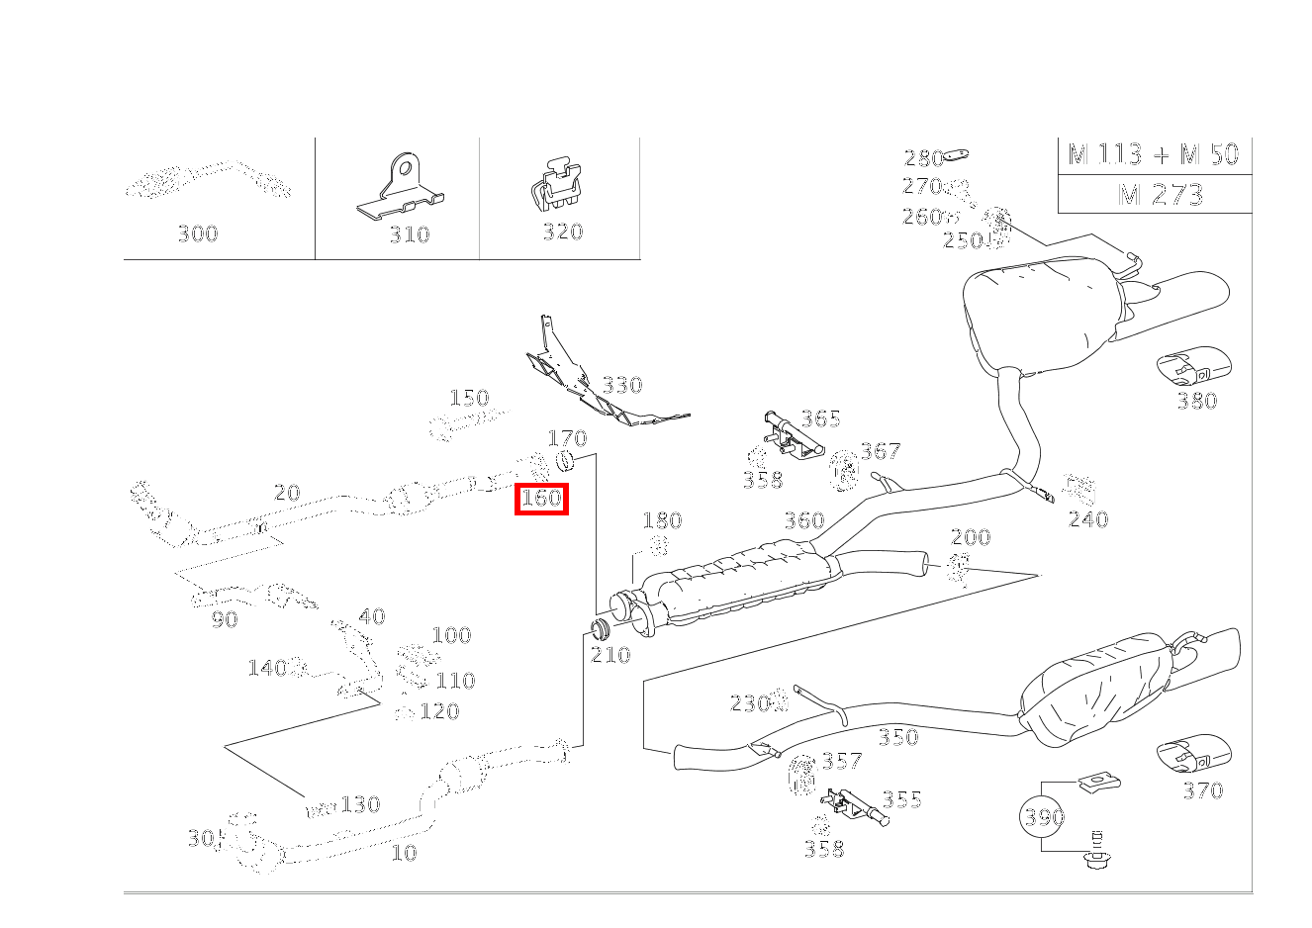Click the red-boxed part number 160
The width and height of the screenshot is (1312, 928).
click(541, 499)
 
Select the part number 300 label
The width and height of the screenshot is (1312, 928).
click(197, 234)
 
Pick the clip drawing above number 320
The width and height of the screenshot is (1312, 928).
click(555, 186)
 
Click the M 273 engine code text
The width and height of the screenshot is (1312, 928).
click(1160, 195)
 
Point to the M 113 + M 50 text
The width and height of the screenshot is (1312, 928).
click(1154, 154)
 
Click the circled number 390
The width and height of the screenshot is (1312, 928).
click(1043, 816)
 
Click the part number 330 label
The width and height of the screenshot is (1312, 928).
click(622, 385)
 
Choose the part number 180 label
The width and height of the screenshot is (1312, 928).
click(662, 521)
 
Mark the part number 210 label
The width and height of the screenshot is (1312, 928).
click(610, 655)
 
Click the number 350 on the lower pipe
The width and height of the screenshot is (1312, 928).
click(897, 737)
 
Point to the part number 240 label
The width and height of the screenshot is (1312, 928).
click(1088, 519)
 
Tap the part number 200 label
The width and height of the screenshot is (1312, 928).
click(970, 537)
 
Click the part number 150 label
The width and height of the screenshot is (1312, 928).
click(469, 398)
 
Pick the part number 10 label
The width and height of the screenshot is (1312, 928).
click(404, 853)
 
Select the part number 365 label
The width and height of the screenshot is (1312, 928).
click(820, 418)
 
